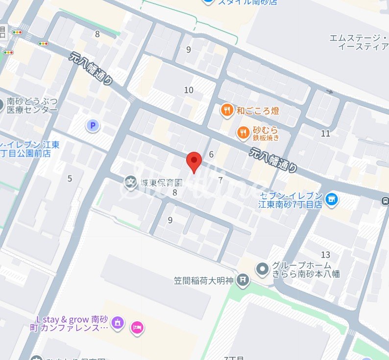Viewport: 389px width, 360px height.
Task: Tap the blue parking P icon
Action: [92, 126]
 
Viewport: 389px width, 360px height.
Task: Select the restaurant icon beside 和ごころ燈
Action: [226, 111]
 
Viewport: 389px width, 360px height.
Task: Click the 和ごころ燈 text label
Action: [258, 111]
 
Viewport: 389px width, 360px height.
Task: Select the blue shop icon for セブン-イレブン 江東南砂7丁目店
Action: [332, 199]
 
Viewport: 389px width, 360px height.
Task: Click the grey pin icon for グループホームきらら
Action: [263, 268]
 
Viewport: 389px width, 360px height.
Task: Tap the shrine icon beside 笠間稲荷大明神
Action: [242, 281]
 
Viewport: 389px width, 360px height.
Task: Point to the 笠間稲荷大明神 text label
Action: [204, 281]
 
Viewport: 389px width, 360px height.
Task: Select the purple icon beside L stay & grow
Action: [117, 323]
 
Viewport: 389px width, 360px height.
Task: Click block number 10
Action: [189, 90]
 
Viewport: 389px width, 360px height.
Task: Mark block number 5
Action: [70, 178]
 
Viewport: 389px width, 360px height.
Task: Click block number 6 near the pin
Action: [211, 155]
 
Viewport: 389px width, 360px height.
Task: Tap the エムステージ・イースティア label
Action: [359, 42]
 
